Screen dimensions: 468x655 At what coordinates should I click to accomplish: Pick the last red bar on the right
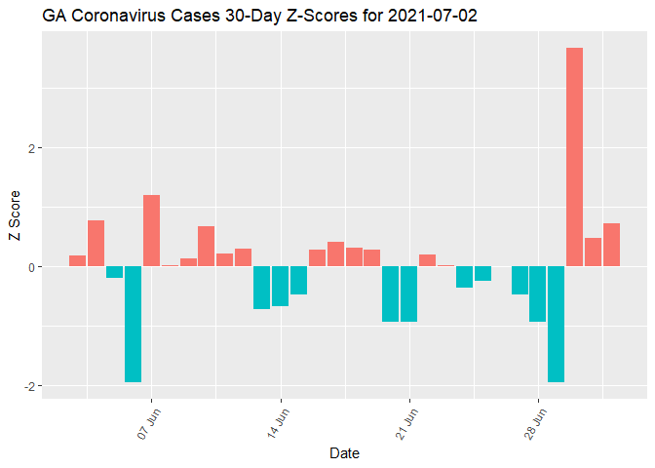point(611,245)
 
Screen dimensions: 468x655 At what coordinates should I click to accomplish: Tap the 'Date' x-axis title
point(345,453)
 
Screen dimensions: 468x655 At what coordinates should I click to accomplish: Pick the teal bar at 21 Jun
point(408,293)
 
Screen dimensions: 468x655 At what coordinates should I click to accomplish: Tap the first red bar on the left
point(77,260)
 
